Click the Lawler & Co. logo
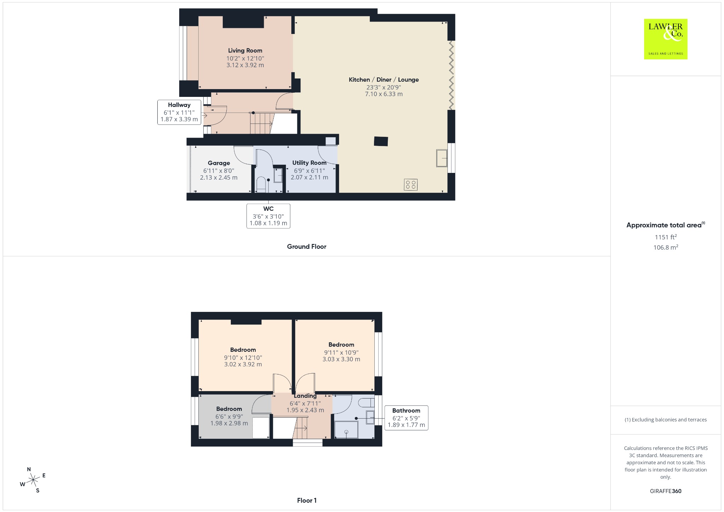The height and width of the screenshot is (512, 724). tap(665, 39)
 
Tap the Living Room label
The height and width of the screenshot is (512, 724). tap(245, 51)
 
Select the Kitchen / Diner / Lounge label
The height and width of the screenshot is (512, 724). tap(384, 80)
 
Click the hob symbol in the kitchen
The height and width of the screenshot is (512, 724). tap(410, 185)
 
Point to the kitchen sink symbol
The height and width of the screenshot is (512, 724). tap(442, 158)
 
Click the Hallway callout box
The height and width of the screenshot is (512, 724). tap(179, 112)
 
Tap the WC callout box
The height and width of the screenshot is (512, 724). tap(268, 216)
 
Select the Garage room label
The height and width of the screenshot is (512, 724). tap(219, 163)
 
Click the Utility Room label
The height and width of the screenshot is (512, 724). tap(309, 163)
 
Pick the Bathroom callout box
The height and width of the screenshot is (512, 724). tap(406, 418)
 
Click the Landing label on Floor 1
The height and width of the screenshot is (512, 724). tap(305, 396)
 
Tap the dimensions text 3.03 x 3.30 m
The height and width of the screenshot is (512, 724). tap(341, 359)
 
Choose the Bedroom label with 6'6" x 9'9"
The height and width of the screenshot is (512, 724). tap(229, 409)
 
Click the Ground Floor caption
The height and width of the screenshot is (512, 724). tap(306, 246)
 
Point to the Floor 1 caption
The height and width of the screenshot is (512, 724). tap(307, 500)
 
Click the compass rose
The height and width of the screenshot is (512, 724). tap(33, 480)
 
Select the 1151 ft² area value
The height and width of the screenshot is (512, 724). tap(666, 237)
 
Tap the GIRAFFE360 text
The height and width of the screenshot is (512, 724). tap(666, 491)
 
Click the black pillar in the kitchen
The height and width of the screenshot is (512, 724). tap(381, 141)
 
